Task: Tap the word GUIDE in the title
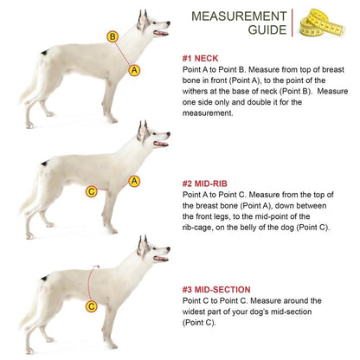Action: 265,30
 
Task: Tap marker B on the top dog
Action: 112,36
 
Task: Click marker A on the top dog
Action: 134,69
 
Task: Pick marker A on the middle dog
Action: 134,181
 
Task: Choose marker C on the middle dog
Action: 91,192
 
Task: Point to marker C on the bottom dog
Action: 91,305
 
